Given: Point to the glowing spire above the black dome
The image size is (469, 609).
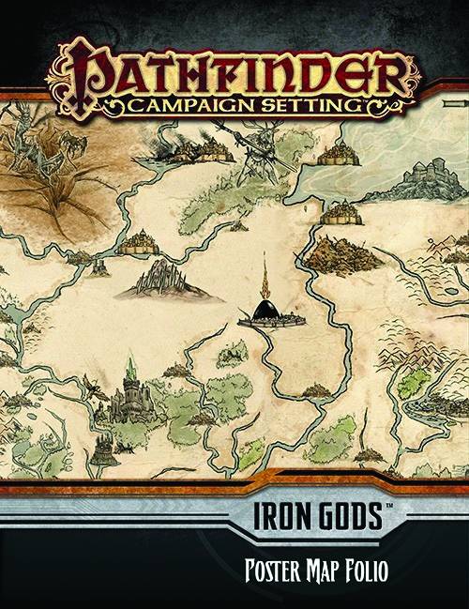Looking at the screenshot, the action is pyautogui.click(x=265, y=277).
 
